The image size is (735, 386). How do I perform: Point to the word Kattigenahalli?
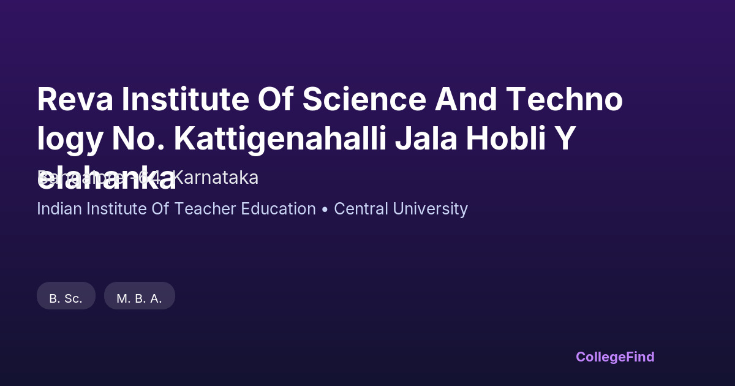(x=280, y=139)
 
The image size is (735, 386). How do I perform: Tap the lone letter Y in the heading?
(x=565, y=139)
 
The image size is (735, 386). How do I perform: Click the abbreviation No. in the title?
(x=137, y=139)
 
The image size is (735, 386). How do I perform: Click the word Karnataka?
(x=215, y=178)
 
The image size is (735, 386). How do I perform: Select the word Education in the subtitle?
(x=276, y=209)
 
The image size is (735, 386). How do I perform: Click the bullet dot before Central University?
(x=325, y=210)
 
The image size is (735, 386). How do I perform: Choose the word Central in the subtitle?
(x=361, y=209)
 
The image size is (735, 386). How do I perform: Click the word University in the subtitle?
(x=431, y=209)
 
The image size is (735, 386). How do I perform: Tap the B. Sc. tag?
(x=66, y=298)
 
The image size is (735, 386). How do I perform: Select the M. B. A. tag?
(x=140, y=298)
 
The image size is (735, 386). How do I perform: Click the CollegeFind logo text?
(x=615, y=357)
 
